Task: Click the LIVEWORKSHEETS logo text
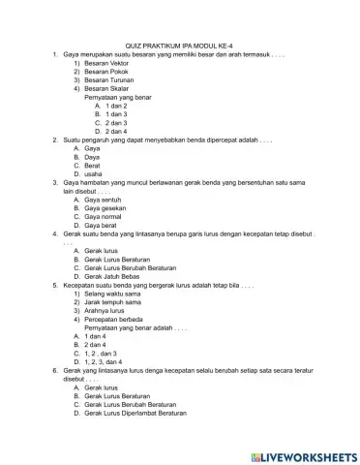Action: tap(302, 455)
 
